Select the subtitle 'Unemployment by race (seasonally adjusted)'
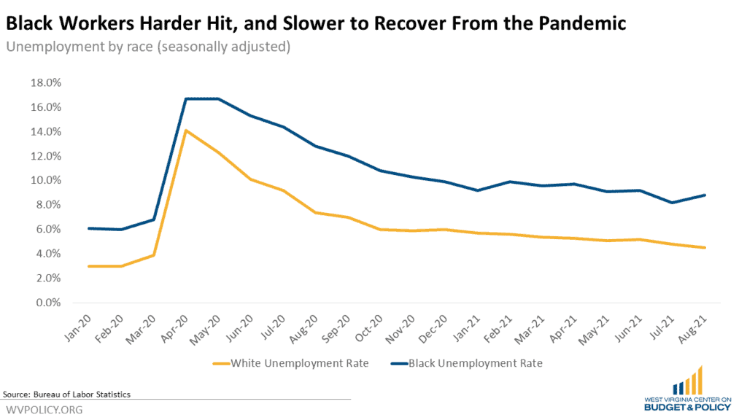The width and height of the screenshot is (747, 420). [148, 47]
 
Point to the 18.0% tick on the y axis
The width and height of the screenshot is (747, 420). [45, 82]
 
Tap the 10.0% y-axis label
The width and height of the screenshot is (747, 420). [45, 180]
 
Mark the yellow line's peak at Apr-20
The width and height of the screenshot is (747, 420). [186, 131]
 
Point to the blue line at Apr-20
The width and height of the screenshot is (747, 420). [186, 98]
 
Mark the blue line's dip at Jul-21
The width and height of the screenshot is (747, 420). [671, 203]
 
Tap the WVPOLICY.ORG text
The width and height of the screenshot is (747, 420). [44, 410]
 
